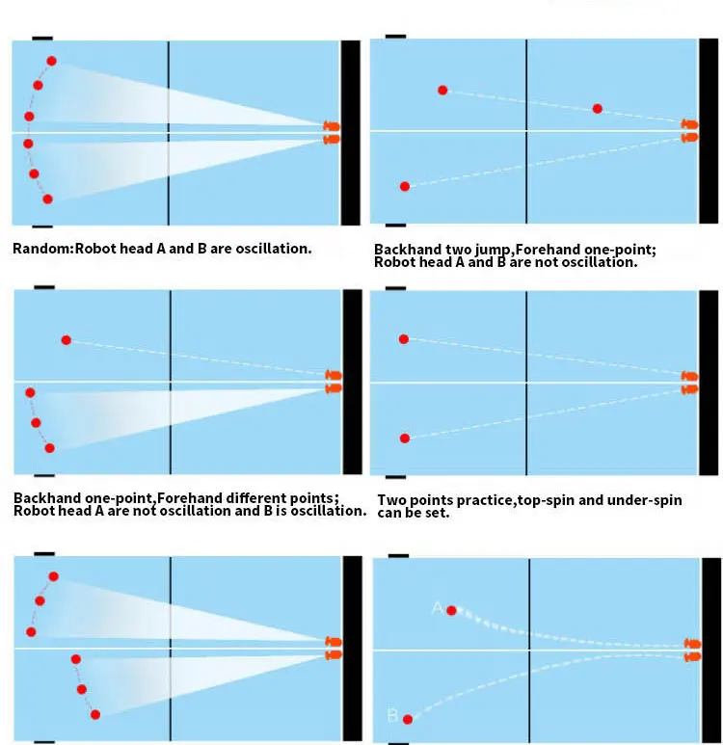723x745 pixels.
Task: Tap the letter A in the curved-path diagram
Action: pos(437,608)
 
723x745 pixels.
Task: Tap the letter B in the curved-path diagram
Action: pos(391,716)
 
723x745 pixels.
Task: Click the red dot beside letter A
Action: pos(451,610)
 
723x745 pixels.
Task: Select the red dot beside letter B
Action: pos(408,719)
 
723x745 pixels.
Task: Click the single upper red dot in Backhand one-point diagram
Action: pos(66,339)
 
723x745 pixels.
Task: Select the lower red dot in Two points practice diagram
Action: pos(405,438)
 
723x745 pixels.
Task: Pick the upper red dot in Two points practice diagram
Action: pos(404,338)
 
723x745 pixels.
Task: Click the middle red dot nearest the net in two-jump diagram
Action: pos(598,109)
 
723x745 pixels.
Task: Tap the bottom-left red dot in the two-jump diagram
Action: pos(405,186)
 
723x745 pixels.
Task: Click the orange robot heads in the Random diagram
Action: pos(332,133)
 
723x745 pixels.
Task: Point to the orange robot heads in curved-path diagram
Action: pos(691,650)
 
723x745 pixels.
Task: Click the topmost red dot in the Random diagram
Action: pos(51,61)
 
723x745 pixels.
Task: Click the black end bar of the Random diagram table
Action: pos(350,132)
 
